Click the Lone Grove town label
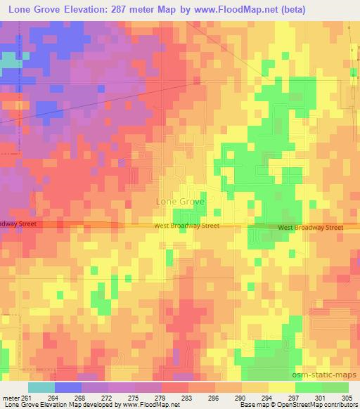coord(180,201)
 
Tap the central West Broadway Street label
coord(187,226)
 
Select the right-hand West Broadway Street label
coord(310,228)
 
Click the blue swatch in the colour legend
coord(67,388)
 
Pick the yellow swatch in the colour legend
coord(281,388)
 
